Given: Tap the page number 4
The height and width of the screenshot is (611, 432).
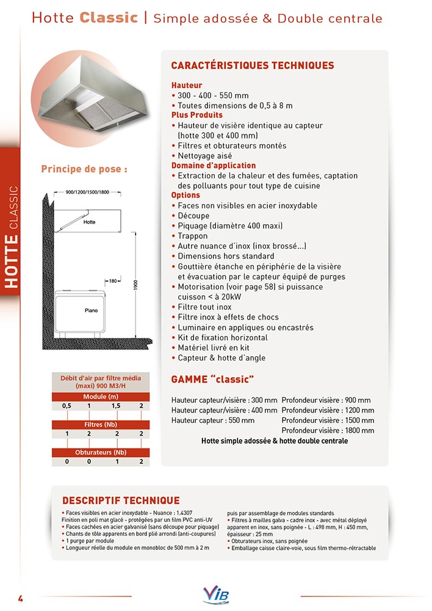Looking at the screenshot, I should [x=20, y=597].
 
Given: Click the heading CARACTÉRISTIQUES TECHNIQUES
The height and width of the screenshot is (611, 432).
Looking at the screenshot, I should [x=253, y=66].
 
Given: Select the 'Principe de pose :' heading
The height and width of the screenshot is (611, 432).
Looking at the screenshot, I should [x=84, y=169].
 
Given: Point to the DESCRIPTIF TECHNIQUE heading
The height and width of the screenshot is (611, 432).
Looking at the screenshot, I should [x=121, y=500].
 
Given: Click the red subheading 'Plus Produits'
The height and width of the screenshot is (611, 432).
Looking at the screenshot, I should [x=197, y=115].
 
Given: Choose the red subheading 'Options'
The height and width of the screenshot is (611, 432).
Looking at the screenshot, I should [x=185, y=196].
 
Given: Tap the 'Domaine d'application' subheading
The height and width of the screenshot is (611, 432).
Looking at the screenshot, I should [x=214, y=166].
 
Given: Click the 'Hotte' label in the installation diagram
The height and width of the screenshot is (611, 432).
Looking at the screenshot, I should [x=89, y=222].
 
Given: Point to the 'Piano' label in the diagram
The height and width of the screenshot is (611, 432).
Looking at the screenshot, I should [x=91, y=311].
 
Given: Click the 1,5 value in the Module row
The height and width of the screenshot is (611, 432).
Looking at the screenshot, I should [x=115, y=406].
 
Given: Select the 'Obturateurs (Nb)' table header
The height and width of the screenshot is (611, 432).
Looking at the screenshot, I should [x=101, y=453].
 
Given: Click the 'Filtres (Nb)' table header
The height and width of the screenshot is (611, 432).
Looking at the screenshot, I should [x=101, y=424].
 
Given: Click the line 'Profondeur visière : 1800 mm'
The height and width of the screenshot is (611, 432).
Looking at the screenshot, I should [x=328, y=431].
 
